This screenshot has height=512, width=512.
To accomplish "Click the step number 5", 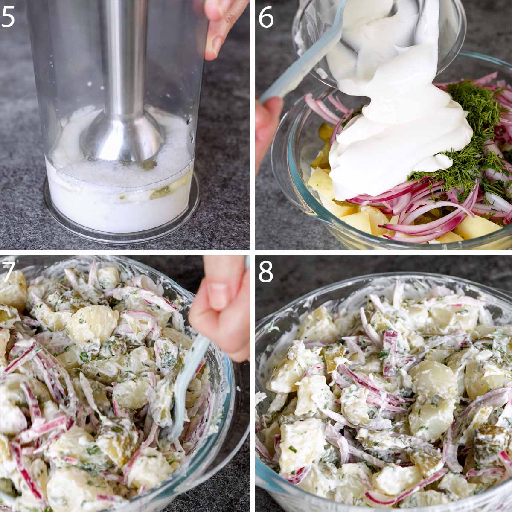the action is (x=8, y=17).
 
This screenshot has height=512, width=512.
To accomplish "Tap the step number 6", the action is (x=266, y=17).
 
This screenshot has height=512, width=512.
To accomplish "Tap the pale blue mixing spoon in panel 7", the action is (x=189, y=383).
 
